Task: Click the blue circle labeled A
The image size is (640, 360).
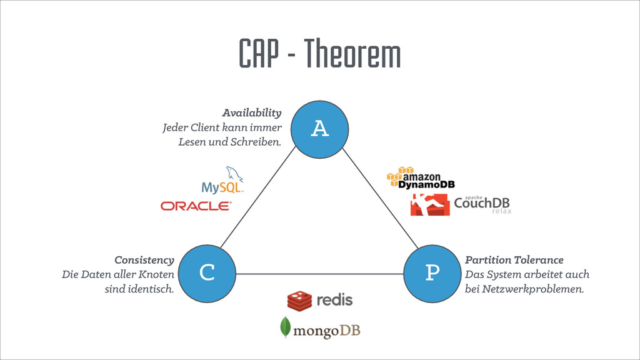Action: [x=320, y=129]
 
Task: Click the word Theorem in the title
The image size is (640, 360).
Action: [x=353, y=54]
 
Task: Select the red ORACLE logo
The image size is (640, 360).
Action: [x=196, y=206]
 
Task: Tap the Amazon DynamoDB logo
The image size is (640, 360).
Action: [x=421, y=178]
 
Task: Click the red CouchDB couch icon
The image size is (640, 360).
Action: [x=430, y=204]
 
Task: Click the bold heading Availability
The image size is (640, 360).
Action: [x=251, y=113]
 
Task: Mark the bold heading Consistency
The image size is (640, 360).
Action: [x=144, y=260]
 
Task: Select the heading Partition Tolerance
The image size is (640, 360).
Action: [x=514, y=260]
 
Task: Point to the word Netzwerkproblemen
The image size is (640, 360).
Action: [x=535, y=289]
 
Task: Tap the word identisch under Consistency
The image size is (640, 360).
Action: [x=149, y=289]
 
